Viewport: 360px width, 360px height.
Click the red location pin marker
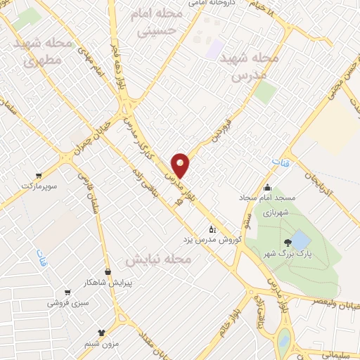(x=181, y=166)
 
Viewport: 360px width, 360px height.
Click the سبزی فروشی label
(x=67, y=303)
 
